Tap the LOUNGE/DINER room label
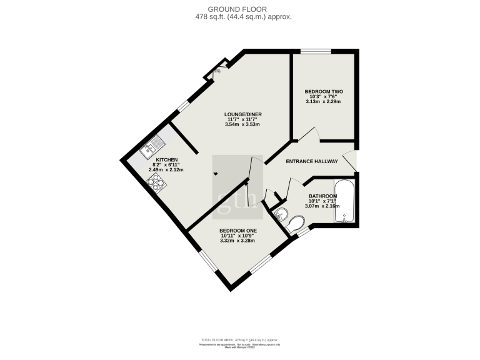point(243,114)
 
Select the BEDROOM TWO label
point(324,91)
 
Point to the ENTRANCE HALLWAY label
point(312,161)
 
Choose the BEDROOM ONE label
point(238,230)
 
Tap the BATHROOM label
point(322,196)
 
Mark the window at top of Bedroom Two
point(316,51)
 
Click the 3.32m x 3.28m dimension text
point(237,241)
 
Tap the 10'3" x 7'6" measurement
point(324,97)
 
